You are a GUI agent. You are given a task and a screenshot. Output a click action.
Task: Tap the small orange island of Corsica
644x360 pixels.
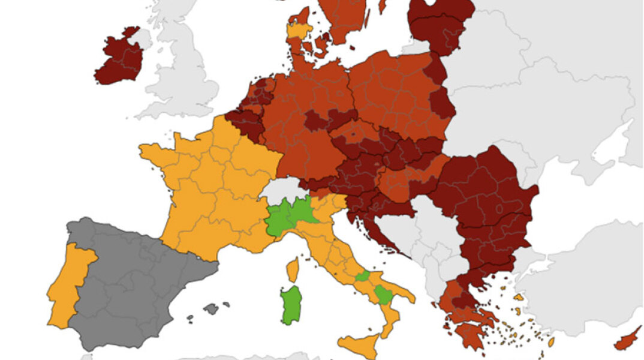point(293,270)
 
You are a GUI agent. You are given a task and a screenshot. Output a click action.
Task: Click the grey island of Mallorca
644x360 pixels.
point(210,309)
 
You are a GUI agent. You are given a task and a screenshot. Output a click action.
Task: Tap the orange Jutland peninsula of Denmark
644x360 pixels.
point(298,33)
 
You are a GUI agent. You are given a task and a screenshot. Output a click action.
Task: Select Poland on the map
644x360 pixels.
point(396,96)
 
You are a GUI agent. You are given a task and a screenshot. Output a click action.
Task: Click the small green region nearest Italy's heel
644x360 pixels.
point(384,294)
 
